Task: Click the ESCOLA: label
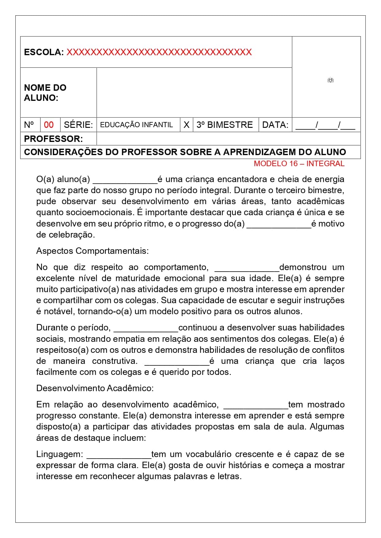[44, 52]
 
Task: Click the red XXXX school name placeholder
[159, 52]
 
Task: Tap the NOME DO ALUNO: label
[45, 93]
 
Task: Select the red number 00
[49, 125]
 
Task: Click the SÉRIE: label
[78, 125]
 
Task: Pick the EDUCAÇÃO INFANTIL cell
[137, 125]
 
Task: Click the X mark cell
[186, 125]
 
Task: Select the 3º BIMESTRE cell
[225, 125]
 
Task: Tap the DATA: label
[275, 125]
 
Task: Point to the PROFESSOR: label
[53, 139]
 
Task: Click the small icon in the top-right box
[330, 80]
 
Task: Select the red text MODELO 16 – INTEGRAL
[299, 164]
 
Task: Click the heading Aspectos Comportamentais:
[92, 251]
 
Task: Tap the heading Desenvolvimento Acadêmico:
[95, 388]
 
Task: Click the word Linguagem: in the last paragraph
[60, 454]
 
